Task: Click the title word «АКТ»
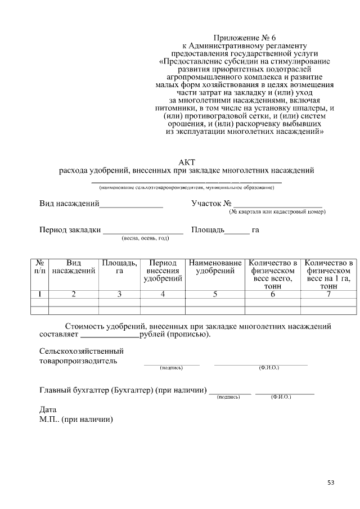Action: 186,162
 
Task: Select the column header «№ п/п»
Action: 39,267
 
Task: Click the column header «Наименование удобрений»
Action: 215,267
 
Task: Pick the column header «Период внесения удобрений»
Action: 163,271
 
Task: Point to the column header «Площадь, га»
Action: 119,267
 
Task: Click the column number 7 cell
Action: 328,294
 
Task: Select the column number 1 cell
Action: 39,294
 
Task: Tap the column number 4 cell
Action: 163,294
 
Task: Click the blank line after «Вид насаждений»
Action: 131,207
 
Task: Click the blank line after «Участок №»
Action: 277,207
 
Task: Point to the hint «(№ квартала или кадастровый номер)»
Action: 277,212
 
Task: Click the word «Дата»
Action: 48,409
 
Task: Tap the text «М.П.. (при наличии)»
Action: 76,419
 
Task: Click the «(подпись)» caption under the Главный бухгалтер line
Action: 228,397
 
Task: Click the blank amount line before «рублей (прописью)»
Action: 110,337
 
